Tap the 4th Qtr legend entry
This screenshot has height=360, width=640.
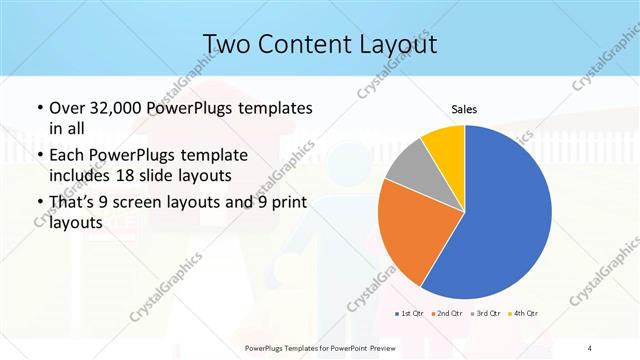tap(525, 314)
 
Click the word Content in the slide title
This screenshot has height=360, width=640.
tap(303, 44)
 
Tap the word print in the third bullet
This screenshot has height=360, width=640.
tap(288, 203)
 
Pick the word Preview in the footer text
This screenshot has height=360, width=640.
tap(396, 347)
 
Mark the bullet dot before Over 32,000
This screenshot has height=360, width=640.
tap(38, 108)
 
